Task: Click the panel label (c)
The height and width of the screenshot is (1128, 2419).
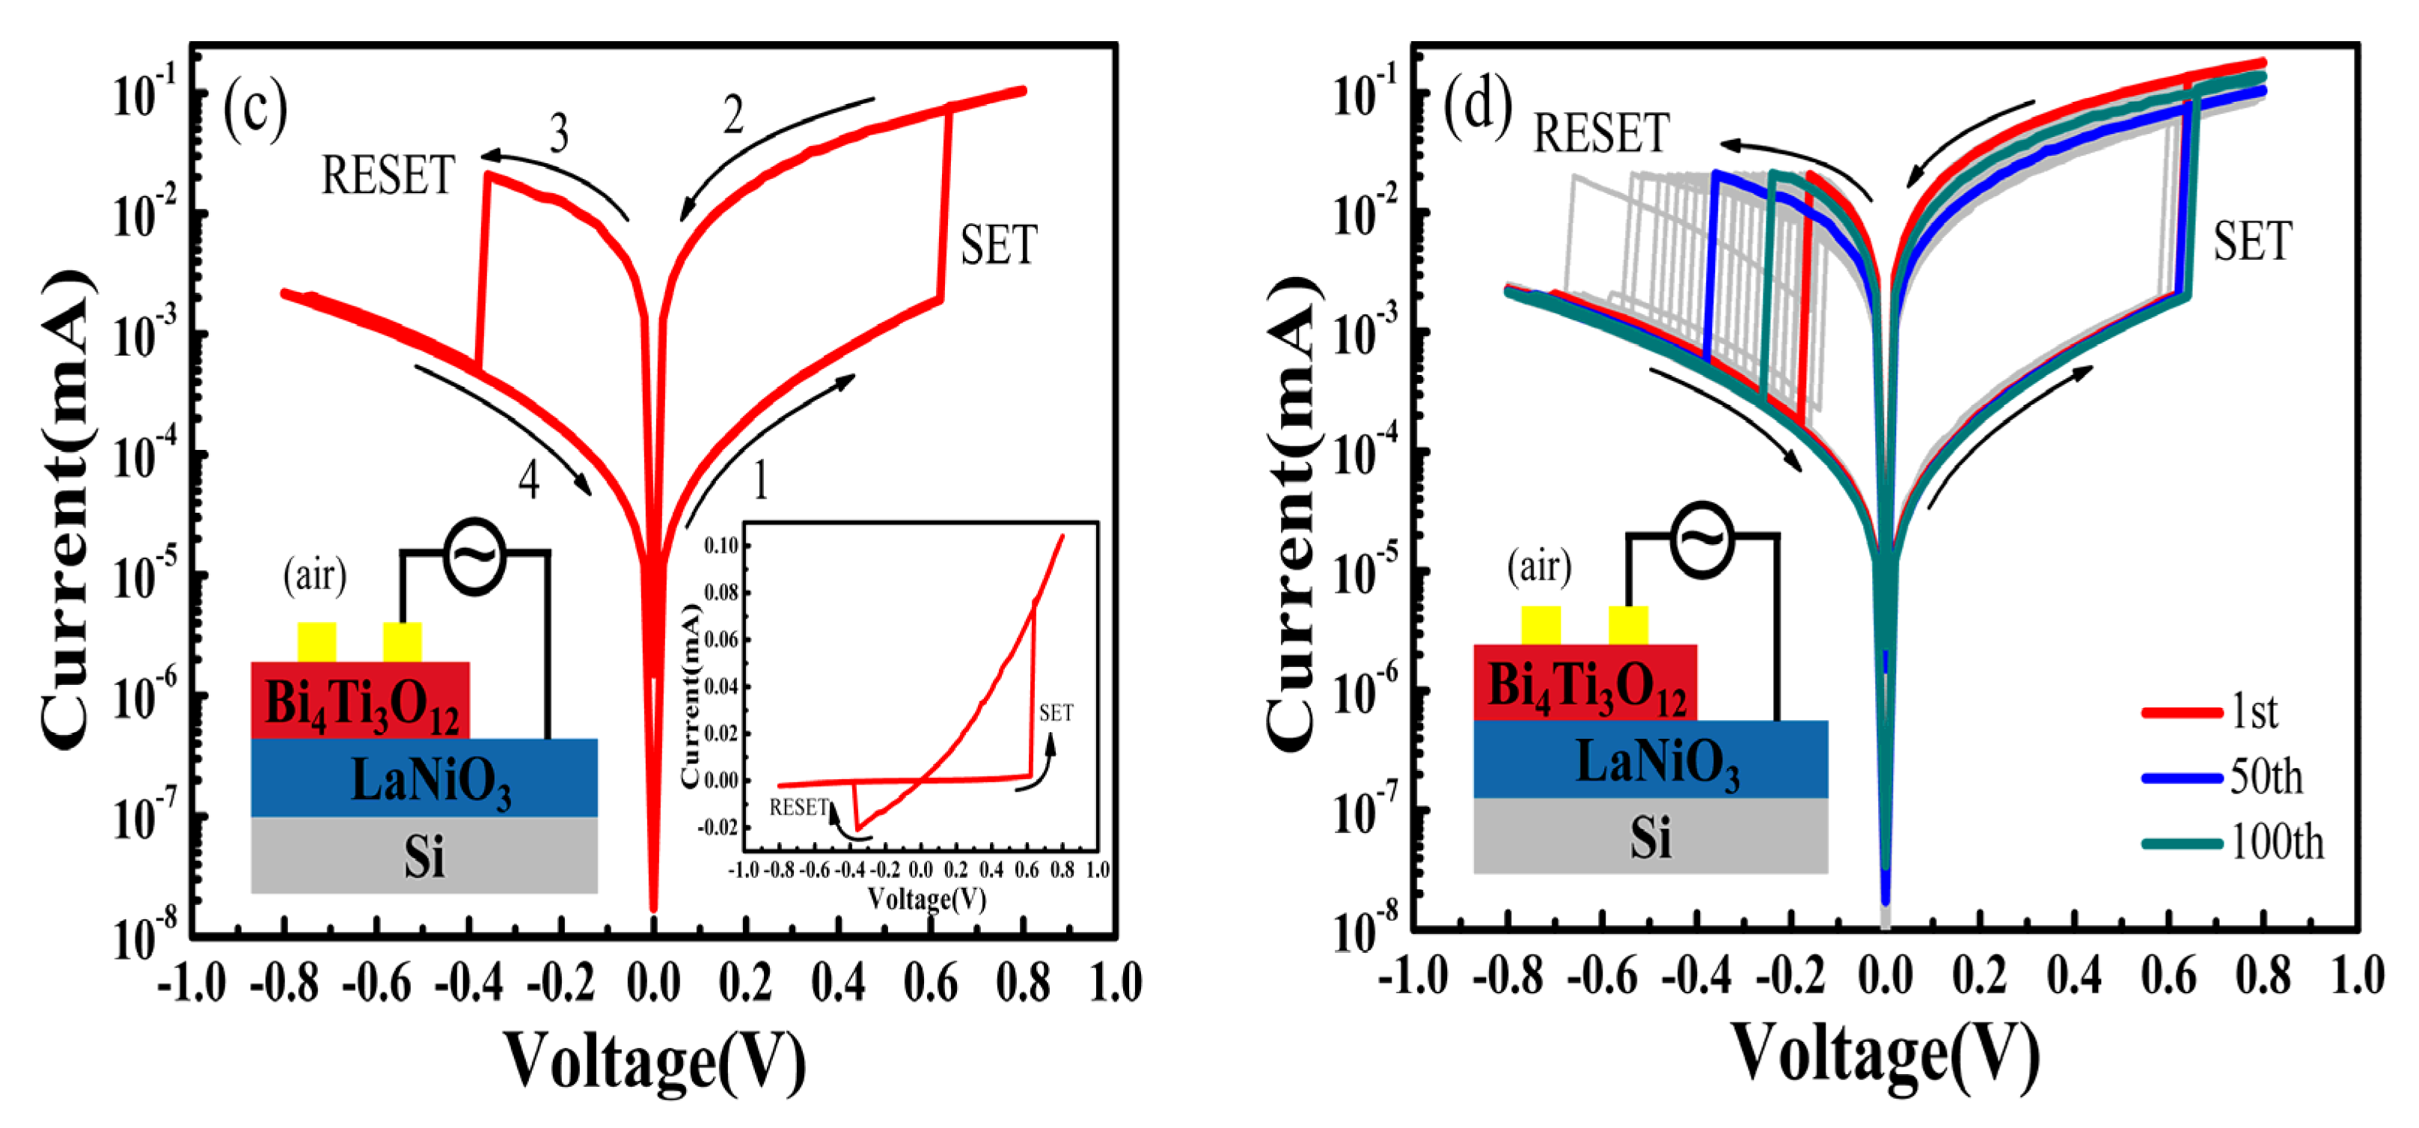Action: coord(254,110)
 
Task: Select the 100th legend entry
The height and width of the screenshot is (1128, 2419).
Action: coord(2276,843)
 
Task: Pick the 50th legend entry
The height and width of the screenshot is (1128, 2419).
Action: coord(2266,778)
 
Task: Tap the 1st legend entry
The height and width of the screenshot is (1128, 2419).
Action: coord(2254,712)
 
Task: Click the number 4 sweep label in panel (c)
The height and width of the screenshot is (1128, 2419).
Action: coord(529,481)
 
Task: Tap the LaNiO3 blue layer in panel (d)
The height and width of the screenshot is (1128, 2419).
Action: coord(1650,760)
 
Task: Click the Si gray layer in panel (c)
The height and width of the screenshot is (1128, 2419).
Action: coord(423,856)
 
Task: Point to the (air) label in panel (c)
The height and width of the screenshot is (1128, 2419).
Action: coord(314,574)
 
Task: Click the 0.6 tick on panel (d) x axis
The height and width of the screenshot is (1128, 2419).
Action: coord(2168,977)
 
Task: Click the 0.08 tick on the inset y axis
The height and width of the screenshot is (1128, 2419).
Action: coord(721,594)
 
